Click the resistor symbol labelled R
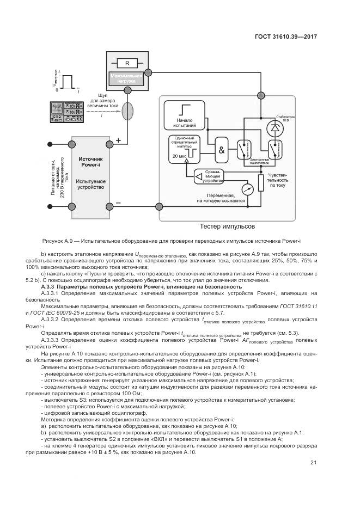(126, 63)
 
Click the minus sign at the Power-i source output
(118, 203)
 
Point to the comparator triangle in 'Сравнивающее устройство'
(199, 176)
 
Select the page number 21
(313, 463)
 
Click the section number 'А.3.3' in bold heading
(48, 286)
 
